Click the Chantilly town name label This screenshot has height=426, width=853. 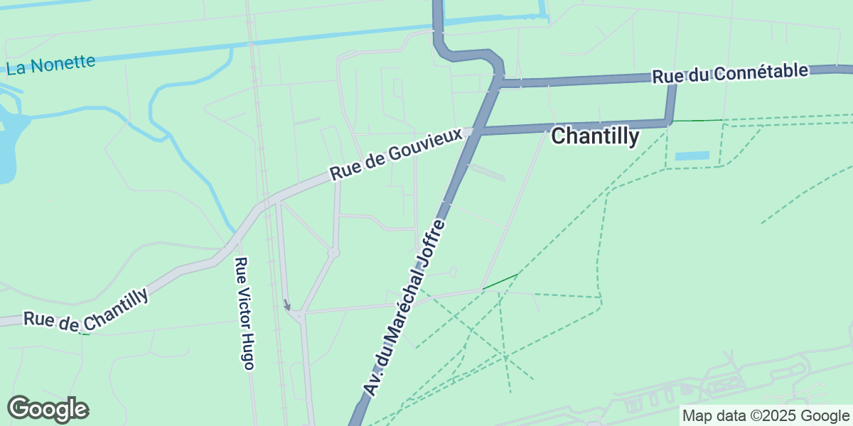point(595,136)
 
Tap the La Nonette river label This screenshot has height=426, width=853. point(50,65)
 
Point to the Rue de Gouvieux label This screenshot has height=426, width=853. point(401,154)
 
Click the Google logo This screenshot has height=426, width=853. point(48,409)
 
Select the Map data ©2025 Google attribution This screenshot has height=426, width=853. point(766,416)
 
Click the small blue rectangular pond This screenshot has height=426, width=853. point(692,155)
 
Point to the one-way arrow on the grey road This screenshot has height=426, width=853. point(286,305)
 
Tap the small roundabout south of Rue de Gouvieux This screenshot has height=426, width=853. point(333,252)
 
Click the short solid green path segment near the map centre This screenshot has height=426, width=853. point(500,281)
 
